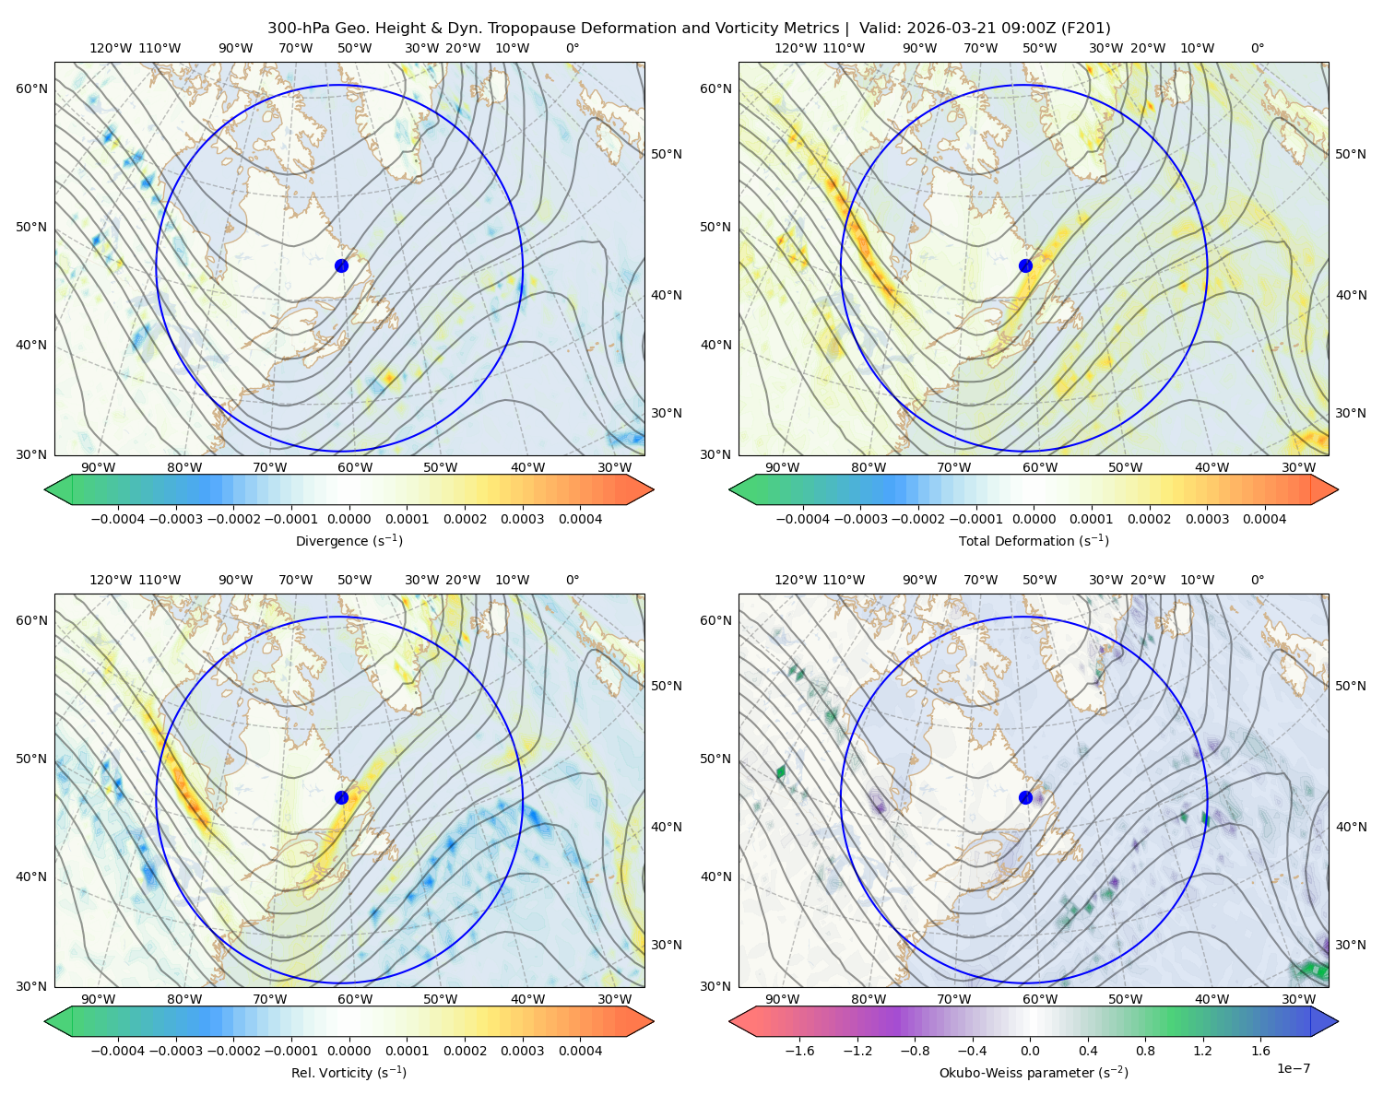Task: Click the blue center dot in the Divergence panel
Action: tap(341, 265)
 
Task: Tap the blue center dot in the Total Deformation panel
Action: tap(1025, 265)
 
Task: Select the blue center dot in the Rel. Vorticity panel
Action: tap(341, 797)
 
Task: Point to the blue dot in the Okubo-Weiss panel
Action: tap(1025, 797)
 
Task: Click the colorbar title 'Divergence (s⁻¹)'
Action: tap(349, 540)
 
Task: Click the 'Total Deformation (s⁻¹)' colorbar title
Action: tap(1034, 540)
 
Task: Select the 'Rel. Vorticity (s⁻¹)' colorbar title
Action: tap(349, 1072)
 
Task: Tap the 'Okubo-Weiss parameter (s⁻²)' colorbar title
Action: tap(1034, 1072)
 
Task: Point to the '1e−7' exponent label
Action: tap(1293, 1068)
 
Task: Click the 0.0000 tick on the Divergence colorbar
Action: tap(349, 519)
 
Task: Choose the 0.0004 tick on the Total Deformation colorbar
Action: tap(1264, 519)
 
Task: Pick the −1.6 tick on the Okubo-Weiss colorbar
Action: tap(799, 1051)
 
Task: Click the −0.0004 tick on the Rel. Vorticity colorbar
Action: tap(118, 1051)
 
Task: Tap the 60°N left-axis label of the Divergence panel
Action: tap(31, 88)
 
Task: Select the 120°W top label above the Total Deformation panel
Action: tap(795, 48)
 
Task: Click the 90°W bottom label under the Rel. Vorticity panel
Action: tap(99, 999)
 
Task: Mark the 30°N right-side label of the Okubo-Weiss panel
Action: tap(1350, 944)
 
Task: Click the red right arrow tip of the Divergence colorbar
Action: tap(654, 489)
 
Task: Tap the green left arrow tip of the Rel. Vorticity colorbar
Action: tap(45, 1021)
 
